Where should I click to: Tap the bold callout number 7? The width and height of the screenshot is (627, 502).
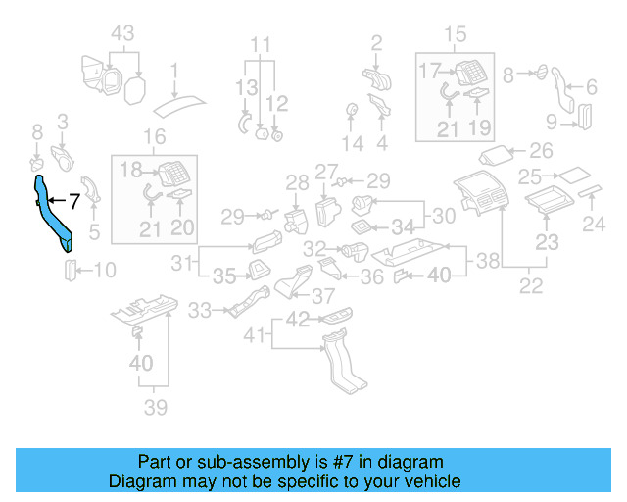[74, 201]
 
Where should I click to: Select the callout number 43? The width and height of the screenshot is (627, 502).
[122, 33]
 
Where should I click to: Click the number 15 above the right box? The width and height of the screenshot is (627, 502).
[455, 34]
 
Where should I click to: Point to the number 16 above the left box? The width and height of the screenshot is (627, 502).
[155, 137]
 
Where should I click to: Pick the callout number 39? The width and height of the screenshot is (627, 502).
[156, 408]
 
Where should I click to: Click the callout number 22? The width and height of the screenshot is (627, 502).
[531, 285]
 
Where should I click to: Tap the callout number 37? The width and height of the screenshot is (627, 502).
[323, 297]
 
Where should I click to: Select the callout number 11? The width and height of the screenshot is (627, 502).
[261, 44]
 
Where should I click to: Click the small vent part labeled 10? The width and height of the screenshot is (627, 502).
[70, 271]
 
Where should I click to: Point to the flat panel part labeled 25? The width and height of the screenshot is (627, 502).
[574, 176]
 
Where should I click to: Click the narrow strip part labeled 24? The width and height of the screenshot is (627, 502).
[590, 191]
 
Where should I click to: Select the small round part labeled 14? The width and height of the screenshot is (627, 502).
[352, 109]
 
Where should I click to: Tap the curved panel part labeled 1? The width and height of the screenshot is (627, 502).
[179, 106]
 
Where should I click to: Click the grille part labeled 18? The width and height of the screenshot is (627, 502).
[174, 174]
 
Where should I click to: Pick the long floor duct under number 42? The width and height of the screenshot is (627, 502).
[345, 363]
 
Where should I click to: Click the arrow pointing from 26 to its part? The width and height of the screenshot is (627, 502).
[518, 151]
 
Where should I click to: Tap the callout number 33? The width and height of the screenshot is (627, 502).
[200, 310]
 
